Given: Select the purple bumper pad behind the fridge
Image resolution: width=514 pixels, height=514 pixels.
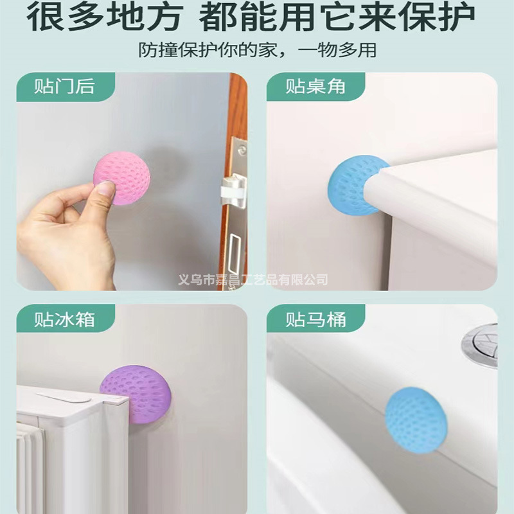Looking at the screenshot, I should point(136,393).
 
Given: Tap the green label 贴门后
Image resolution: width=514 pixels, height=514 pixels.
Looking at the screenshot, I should point(64,87).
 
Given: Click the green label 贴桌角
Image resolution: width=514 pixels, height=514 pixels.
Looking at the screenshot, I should point(315,87).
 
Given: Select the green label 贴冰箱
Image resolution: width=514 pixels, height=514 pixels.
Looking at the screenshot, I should point(64,319).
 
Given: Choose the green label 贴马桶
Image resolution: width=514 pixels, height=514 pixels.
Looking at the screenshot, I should point(315,319).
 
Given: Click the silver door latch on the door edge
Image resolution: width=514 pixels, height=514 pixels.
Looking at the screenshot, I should point(233,191).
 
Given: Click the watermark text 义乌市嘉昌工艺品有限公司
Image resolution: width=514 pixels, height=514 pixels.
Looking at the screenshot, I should point(253,279).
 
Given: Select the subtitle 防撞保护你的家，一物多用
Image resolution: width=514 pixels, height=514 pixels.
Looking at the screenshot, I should point(257,50).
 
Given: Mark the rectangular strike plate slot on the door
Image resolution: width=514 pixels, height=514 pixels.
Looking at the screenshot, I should point(236,254).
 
